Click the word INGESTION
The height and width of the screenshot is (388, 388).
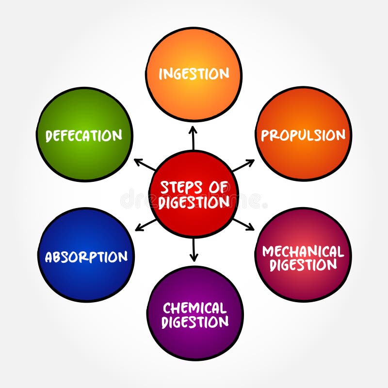[194, 74]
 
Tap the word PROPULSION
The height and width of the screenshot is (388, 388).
[303, 135]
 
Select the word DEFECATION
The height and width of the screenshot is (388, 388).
[84, 136]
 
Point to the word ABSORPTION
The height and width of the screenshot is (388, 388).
[86, 257]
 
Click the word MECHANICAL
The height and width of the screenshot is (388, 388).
[303, 251]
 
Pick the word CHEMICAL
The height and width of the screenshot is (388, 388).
[194, 308]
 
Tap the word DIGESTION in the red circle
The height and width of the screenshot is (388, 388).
[194, 202]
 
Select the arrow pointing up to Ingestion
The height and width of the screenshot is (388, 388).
[193, 138]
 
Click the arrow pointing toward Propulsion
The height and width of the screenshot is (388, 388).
[243, 165]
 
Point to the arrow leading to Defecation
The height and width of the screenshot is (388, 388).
[144, 164]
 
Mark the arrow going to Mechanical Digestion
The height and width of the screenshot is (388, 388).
[243, 224]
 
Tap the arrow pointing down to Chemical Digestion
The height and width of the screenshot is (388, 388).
[194, 249]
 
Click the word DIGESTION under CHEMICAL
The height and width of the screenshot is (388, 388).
[194, 322]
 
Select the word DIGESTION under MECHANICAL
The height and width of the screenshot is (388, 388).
[303, 265]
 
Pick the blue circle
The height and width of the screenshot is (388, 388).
[86, 279]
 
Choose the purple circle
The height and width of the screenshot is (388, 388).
[194, 339]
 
